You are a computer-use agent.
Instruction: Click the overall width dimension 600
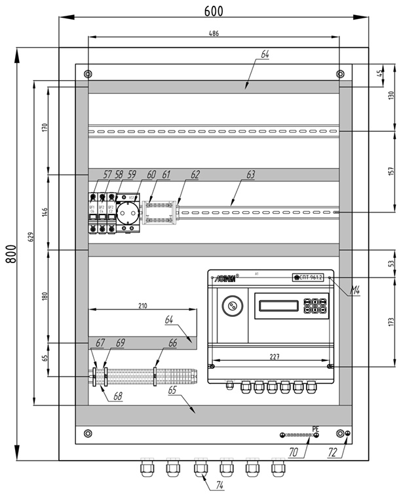214,10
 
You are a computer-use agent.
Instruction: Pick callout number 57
107,175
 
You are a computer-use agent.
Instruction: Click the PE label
315,429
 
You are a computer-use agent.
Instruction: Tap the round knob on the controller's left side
230,305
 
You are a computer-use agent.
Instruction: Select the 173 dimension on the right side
391,323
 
